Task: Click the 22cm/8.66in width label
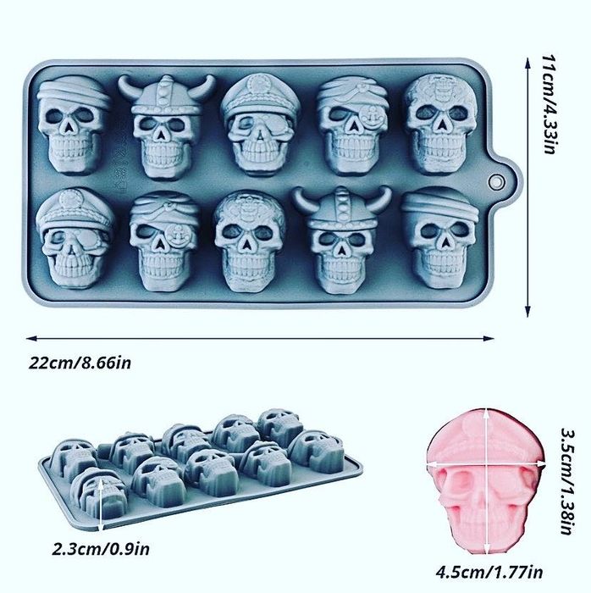pos(80,363)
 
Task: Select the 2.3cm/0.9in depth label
pos(101,549)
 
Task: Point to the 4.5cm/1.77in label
pos(489,572)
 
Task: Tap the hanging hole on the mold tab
pos(496,182)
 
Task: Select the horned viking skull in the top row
pos(166,125)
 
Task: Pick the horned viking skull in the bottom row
pos(342,239)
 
